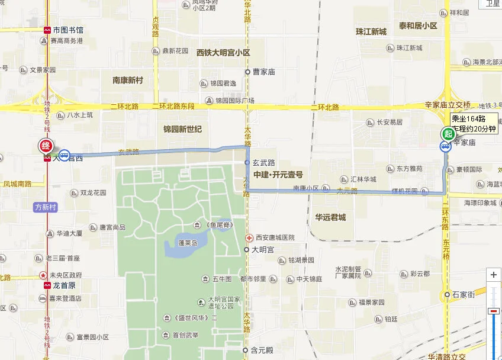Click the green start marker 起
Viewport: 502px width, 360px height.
(446, 134)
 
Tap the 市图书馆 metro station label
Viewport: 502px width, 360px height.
(67, 30)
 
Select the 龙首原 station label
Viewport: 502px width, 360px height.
(62, 285)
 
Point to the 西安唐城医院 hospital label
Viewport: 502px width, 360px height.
(275, 237)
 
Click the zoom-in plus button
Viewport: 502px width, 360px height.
(494, 275)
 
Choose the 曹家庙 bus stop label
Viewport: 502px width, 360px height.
(264, 72)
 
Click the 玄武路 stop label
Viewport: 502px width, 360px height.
(264, 162)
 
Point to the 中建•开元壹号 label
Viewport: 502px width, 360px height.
(278, 175)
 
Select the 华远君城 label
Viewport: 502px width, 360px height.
(330, 217)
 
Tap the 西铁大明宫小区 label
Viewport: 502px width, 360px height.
(224, 53)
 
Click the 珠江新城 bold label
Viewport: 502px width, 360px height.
(371, 31)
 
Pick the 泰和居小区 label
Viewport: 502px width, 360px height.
(417, 26)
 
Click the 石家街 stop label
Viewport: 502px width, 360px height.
(464, 294)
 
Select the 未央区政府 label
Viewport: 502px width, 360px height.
(65, 275)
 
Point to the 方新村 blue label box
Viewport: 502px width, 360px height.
(45, 207)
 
